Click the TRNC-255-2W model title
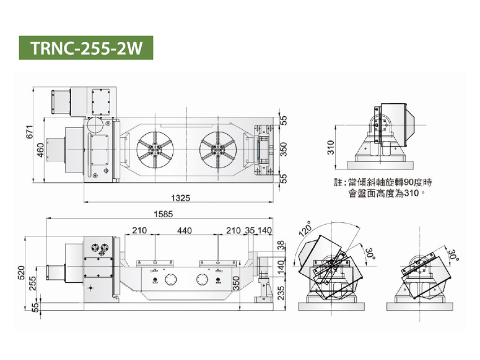tap(86, 49)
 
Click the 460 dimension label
tap(41, 150)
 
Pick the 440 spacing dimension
tap(185, 231)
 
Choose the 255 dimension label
tap(33, 282)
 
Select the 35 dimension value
tap(249, 231)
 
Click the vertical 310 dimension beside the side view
tap(331, 147)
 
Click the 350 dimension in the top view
tap(284, 149)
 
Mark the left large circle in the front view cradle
tap(171, 280)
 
